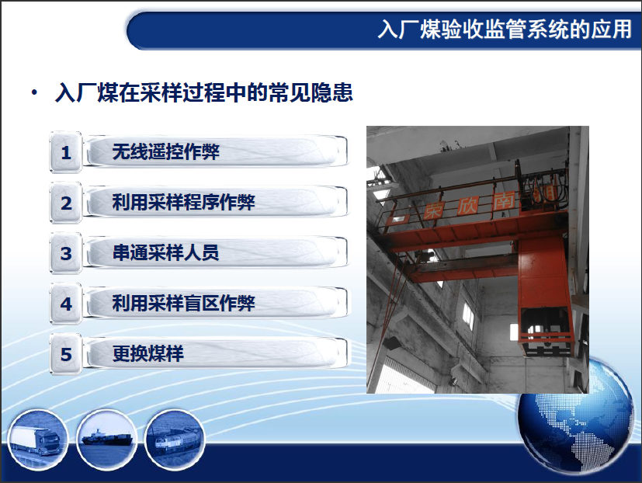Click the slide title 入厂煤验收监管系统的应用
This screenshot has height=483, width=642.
point(505,30)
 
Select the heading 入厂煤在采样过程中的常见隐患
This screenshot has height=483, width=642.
point(204,92)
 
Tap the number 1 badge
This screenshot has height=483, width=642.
point(66,152)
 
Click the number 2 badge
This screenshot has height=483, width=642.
point(66,203)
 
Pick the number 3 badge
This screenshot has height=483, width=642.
point(66,253)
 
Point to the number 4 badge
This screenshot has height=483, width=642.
point(66,304)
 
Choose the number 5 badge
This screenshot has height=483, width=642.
point(66,354)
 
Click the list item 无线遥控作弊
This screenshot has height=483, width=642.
point(166,151)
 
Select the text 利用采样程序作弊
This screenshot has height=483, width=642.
point(184,202)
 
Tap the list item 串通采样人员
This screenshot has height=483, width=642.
point(166,252)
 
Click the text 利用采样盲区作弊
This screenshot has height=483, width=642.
point(184,303)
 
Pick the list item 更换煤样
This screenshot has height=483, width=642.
point(147,353)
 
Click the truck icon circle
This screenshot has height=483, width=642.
point(38,440)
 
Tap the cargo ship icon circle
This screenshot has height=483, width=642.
point(107,440)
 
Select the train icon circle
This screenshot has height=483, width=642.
point(175,440)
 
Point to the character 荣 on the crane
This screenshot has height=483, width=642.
point(432,210)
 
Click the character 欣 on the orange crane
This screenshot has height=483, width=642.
point(467,206)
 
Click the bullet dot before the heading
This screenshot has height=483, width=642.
point(34,92)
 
